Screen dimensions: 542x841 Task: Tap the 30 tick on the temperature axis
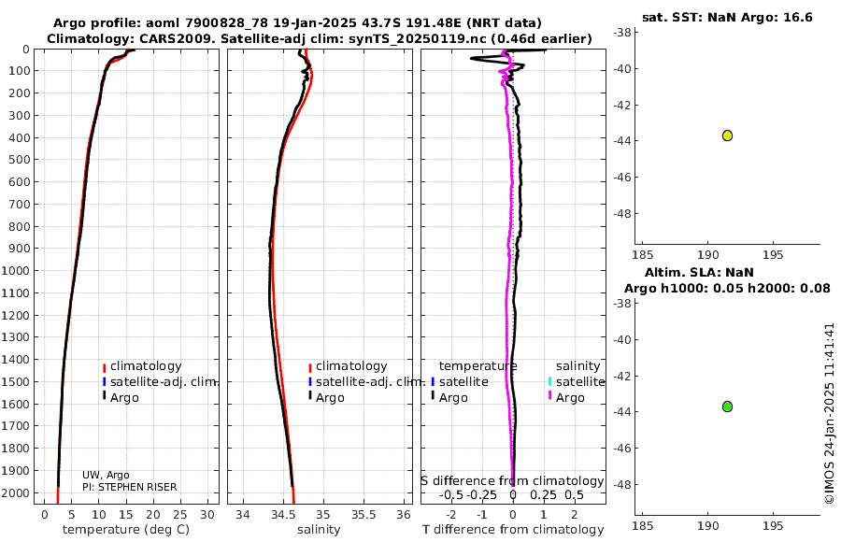pyautogui.click(x=208, y=513)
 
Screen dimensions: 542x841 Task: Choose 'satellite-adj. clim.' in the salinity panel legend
pyautogui.click(x=370, y=382)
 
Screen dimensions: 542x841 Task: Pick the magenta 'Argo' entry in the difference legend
pyautogui.click(x=570, y=398)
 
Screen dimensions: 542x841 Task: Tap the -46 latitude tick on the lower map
pyautogui.click(x=620, y=448)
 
